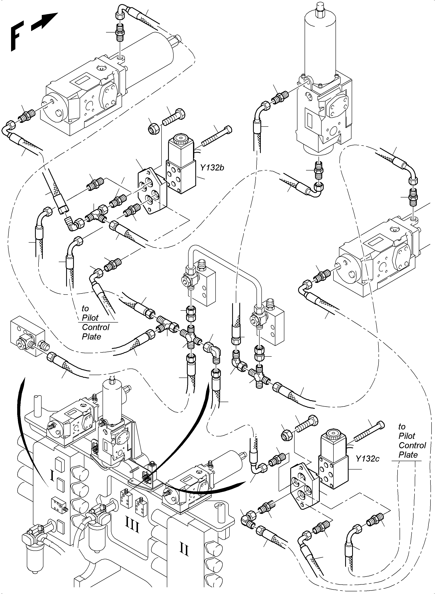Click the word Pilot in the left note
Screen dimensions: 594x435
tap(90, 318)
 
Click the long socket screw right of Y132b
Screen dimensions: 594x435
tap(218, 137)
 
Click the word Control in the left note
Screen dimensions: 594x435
tap(96, 327)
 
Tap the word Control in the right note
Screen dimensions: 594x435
tap(412, 445)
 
